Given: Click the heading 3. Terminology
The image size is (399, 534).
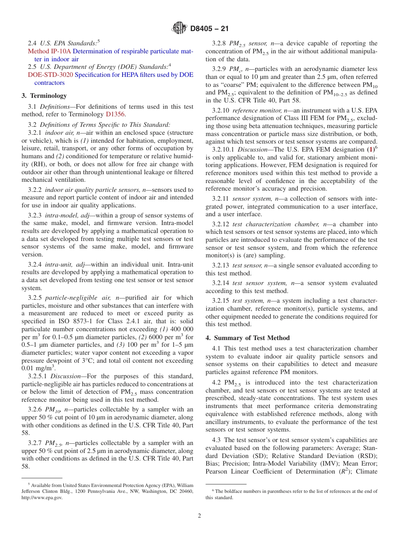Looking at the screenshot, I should click(x=44, y=96).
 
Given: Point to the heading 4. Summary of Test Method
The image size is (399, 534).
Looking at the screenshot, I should click(x=247, y=338).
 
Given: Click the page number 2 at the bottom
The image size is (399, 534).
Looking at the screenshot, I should click(x=199, y=516).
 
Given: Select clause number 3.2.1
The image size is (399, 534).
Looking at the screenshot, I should click(x=35, y=133).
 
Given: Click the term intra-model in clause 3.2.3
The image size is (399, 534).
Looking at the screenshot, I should click(x=64, y=215).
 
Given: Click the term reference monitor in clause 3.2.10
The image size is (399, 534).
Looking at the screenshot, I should click(x=251, y=110).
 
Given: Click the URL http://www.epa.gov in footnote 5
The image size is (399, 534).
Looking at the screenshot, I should click(x=42, y=497).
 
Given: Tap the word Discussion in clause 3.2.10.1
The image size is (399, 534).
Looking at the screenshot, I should click(x=252, y=150).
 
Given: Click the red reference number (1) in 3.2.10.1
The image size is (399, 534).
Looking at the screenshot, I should click(x=371, y=150).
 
